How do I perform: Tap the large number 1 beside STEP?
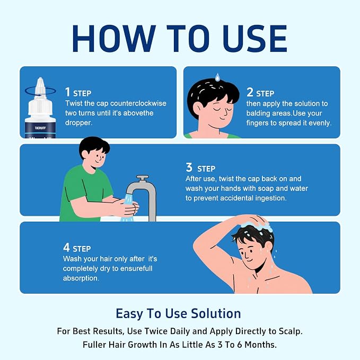pyautogui.click(x=67, y=92)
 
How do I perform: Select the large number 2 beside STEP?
pyautogui.click(x=250, y=92)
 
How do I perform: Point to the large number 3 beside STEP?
pyautogui.click(x=189, y=167)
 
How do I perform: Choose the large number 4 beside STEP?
pyautogui.click(x=66, y=247)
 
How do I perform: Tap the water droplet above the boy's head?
pyautogui.click(x=217, y=77)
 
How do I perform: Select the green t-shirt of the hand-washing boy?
pyautogui.click(x=85, y=193)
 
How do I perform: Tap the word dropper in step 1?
pyautogui.click(x=78, y=123)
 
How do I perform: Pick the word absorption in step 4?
pyautogui.click(x=81, y=278)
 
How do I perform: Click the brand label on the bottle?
pyautogui.click(x=40, y=128)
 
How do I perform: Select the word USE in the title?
pyautogui.click(x=255, y=39)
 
